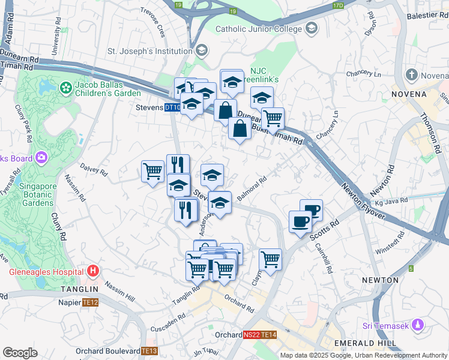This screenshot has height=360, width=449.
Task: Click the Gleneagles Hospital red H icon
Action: [92, 271]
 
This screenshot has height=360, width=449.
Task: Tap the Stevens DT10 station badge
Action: [173, 107]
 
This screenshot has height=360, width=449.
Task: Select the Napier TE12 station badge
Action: [90, 303]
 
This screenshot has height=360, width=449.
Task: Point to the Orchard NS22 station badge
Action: [252, 335]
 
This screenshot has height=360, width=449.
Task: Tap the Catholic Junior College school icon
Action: [312, 28]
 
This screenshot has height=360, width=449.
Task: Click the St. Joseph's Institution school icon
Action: [201, 50]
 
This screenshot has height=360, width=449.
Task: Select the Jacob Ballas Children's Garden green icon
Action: [65, 88]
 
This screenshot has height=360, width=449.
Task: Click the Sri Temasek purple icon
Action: [418, 326]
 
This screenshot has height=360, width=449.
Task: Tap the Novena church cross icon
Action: [411, 76]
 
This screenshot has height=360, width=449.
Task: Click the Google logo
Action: [20, 353]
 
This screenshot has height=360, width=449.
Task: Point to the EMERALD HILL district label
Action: [366, 343]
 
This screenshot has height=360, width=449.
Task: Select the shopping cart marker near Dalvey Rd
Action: [152, 171]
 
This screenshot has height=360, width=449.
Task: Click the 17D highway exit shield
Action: [338, 5]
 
